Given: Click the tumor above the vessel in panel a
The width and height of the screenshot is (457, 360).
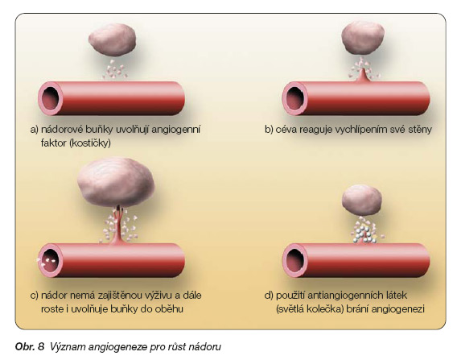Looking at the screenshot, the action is point(112,39).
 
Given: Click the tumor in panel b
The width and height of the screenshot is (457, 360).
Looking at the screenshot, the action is point(363,38).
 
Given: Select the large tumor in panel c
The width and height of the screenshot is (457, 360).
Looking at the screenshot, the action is point(116,182).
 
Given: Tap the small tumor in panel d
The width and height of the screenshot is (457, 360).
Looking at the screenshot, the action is point(362,201).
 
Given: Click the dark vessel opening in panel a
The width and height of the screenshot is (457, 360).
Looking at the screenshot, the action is point(51,98).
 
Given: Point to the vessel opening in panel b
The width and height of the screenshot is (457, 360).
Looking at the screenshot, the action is point(295,98).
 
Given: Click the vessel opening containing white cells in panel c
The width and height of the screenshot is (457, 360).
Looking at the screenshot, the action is point(51,260).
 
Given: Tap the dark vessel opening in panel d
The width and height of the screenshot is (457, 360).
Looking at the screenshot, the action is point(295,260).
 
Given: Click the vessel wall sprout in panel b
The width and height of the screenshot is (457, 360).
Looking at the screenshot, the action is point(362,76).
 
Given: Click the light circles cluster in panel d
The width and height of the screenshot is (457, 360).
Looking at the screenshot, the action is point(363,234).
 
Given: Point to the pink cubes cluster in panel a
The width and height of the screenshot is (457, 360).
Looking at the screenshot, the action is point(114,70).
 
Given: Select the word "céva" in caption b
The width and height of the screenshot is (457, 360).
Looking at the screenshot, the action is point(286,129).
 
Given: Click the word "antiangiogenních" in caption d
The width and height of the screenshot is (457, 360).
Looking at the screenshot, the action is point(343,296).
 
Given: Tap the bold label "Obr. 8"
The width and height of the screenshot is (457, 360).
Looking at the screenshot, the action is point(30,346).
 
